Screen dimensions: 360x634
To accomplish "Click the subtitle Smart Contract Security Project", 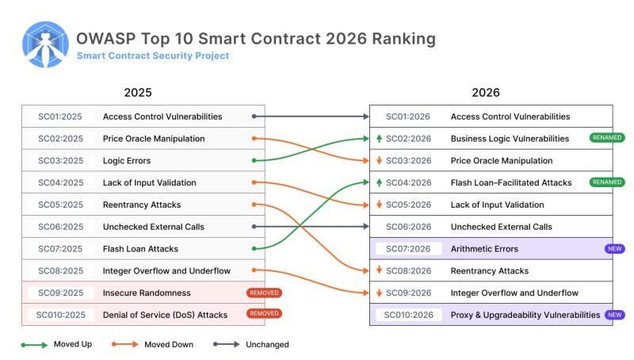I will (153, 56).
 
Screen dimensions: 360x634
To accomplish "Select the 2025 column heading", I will (138, 93).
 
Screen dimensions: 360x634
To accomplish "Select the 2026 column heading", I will (486, 93).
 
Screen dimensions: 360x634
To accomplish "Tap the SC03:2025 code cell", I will (60, 161).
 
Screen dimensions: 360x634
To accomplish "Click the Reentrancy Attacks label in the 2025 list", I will (143, 205).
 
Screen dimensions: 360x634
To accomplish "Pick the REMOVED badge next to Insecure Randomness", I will (264, 293).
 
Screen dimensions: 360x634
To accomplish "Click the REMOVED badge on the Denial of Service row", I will (264, 314).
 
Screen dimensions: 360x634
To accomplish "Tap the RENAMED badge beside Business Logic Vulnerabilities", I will (607, 138).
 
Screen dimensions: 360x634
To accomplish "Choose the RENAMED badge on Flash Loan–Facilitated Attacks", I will (607, 182).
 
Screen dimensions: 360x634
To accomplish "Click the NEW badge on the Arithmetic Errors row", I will (613, 249).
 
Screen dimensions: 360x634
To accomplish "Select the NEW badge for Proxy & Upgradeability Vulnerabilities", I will (613, 315).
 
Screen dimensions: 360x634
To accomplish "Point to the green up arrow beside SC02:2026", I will (380, 139).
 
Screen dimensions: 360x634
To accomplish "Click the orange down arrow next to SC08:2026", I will (380, 271).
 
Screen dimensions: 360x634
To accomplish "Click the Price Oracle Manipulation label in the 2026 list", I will (501, 161).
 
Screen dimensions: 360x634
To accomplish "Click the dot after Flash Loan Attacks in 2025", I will (253, 249).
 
